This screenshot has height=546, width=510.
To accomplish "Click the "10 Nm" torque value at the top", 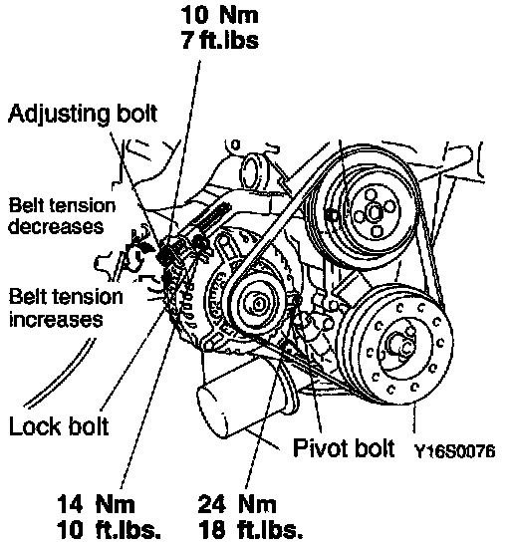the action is (220, 15).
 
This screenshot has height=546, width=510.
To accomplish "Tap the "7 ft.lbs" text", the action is (220, 39).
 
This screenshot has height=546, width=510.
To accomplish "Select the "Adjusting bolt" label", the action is (83, 115).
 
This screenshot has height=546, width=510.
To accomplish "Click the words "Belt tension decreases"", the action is (62, 216).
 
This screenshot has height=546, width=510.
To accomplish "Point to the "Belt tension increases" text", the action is (66, 308).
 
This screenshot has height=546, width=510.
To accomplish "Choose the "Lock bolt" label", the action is (59, 425).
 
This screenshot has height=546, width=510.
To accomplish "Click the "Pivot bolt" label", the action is (344, 447).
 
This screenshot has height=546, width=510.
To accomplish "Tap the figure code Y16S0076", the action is (454, 451).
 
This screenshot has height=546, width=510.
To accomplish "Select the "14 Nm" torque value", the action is (96, 504).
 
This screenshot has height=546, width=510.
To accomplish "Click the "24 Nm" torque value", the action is (237, 504).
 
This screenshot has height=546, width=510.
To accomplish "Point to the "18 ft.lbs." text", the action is (251, 530).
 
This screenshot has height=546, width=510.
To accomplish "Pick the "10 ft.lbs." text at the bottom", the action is (110, 530).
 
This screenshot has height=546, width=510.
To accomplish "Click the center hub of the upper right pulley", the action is (375, 212).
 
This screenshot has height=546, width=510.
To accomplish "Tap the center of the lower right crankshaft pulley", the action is (400, 345).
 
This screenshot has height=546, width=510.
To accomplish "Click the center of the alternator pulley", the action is (258, 304).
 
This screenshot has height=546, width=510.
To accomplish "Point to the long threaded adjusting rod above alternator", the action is (211, 217).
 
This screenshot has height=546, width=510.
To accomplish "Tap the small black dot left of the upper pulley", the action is (331, 216).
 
